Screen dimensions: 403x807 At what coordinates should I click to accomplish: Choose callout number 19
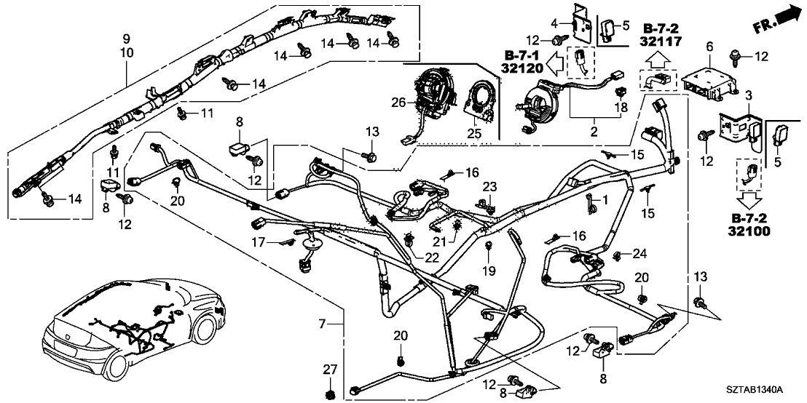click(489, 271)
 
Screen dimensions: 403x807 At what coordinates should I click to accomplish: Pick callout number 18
click(621, 108)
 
